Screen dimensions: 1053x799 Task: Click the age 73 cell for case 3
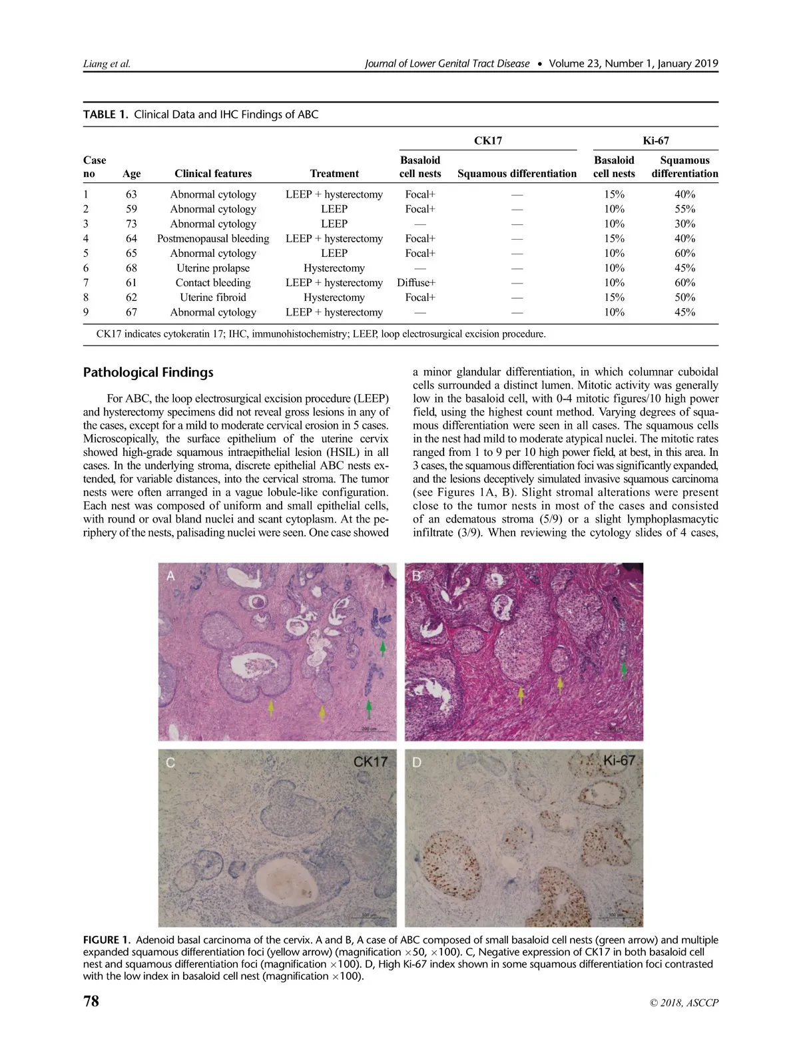point(131,224)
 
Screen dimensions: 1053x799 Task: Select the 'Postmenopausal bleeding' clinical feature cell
point(213,238)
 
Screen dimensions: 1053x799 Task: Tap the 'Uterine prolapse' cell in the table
point(213,268)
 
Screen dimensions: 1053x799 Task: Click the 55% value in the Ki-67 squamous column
point(684,209)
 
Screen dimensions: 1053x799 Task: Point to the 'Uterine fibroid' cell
point(213,297)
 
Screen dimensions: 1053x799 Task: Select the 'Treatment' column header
point(334,174)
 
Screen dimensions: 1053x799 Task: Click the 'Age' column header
point(132,174)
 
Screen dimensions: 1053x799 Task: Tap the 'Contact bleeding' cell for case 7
point(213,282)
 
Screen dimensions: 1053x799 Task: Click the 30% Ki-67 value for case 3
point(684,224)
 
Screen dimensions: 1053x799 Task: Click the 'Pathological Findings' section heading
point(148,373)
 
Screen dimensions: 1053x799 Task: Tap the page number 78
point(91,1001)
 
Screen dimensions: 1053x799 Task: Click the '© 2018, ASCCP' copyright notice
point(684,1002)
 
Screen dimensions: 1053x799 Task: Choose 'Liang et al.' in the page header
point(107,64)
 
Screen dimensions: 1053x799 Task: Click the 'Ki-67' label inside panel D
point(619,760)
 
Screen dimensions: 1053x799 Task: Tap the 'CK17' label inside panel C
point(370,761)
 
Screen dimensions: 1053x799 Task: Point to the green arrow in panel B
point(624,668)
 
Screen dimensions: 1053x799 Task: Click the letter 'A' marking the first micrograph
point(171,576)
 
